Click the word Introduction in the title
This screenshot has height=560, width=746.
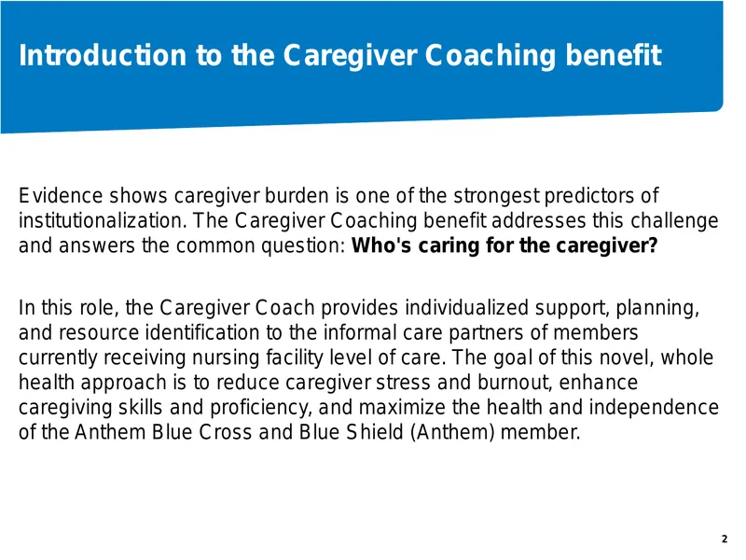point(103,55)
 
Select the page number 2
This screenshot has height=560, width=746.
point(725,539)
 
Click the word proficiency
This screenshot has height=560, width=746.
point(261,408)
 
